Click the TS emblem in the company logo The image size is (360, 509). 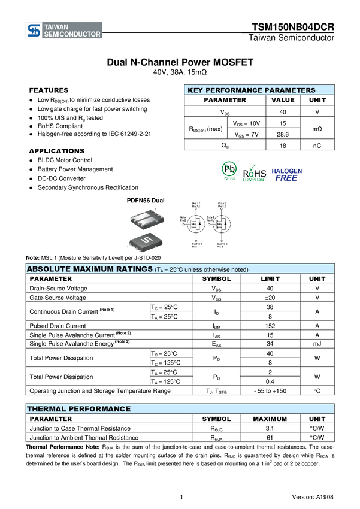[x=34, y=31]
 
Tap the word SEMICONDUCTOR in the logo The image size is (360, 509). [x=72, y=35]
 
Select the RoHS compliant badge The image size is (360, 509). [x=255, y=172]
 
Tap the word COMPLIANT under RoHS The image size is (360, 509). [x=255, y=180]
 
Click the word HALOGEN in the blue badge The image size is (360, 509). [x=287, y=171]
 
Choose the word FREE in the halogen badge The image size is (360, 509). [x=286, y=178]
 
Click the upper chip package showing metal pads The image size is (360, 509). [x=147, y=219]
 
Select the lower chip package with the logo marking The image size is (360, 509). [x=144, y=241]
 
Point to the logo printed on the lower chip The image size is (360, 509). [x=144, y=241]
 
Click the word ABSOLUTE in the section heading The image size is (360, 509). [x=47, y=269]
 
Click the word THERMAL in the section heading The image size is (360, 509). [x=46, y=409]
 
